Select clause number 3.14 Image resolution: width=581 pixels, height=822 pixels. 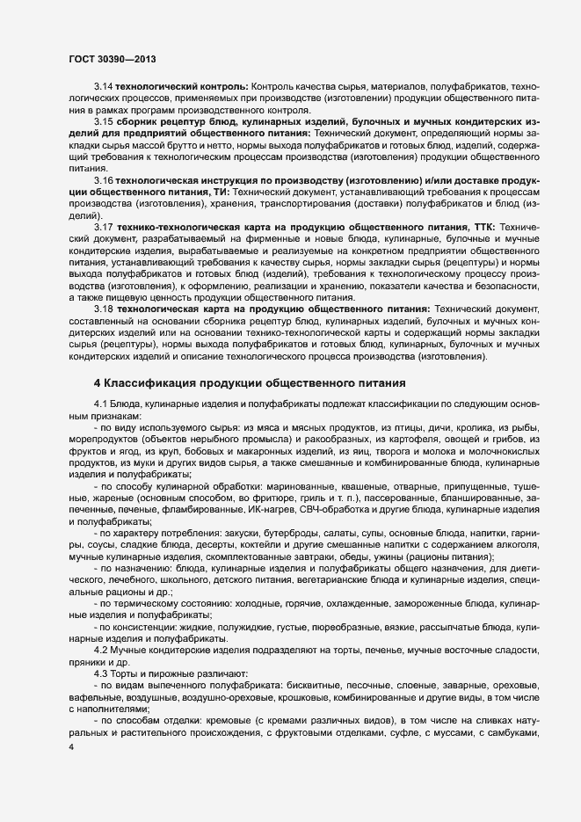click(x=105, y=88)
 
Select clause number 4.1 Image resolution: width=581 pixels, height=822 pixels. click(x=102, y=403)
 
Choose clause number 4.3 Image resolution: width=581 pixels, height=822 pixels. click(x=102, y=673)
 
